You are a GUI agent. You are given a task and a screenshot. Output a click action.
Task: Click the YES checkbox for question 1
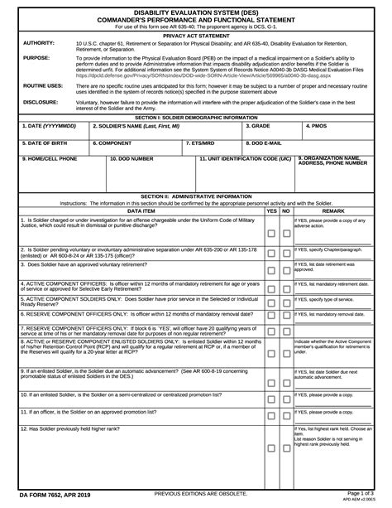tap(270, 235)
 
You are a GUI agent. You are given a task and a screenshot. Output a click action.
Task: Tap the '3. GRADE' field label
tap(259, 125)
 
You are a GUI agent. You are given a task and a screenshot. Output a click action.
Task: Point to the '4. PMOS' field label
tap(317, 125)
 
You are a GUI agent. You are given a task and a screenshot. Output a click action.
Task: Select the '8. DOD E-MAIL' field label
tap(265, 142)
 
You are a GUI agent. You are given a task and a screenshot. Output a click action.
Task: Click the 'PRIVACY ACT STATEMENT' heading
tap(196, 36)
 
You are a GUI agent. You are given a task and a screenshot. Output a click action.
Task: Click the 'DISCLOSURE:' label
tap(41, 102)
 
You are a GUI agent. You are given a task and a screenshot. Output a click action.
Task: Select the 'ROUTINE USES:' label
tap(43, 85)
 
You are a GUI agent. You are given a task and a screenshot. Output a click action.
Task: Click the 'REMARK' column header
tap(332, 211)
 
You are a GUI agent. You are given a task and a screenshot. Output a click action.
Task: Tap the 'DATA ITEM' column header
tap(140, 211)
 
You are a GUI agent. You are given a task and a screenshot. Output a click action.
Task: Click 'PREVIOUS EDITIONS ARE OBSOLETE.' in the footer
tap(196, 494)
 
